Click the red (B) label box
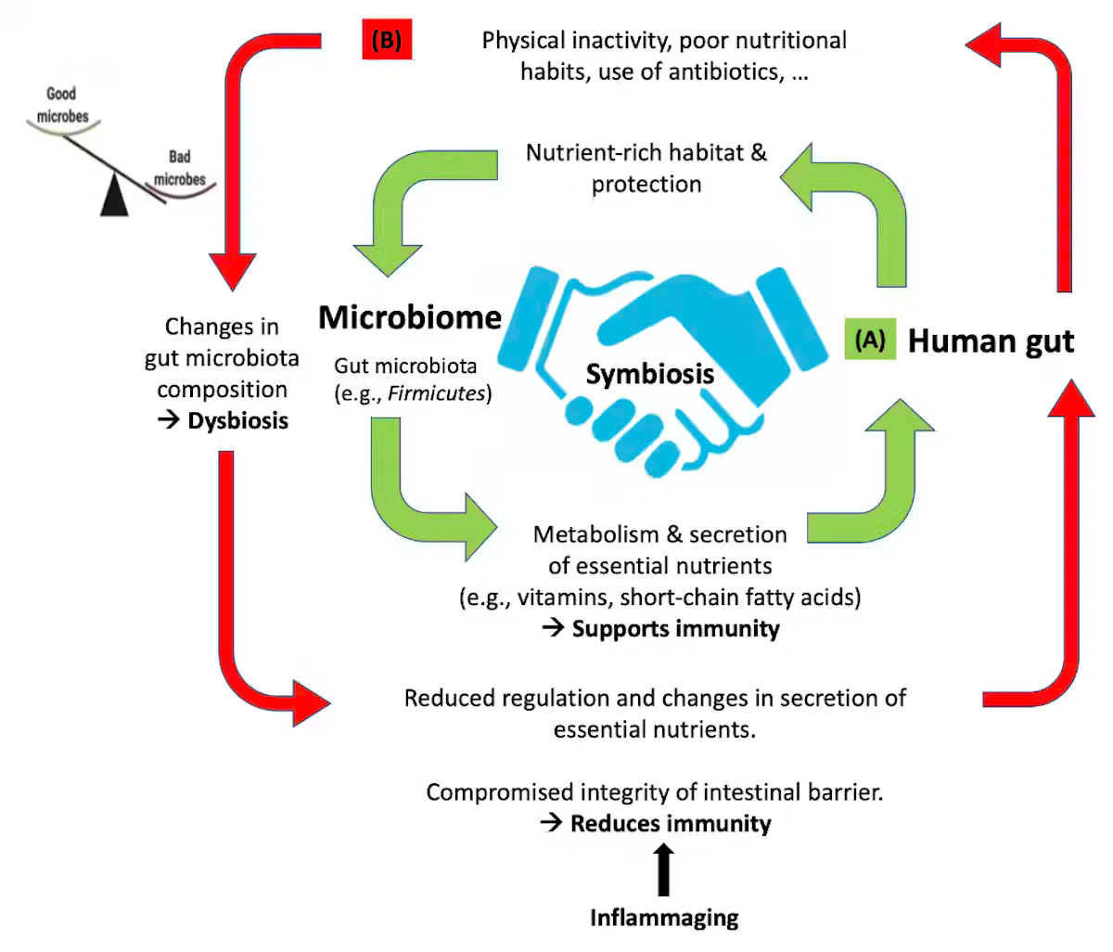pyautogui.click(x=387, y=39)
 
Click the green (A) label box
pyautogui.click(x=870, y=339)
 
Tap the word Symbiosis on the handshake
pyautogui.click(x=650, y=374)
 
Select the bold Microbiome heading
pyautogui.click(x=410, y=316)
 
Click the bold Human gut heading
pyautogui.click(x=991, y=341)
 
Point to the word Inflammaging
pyautogui.click(x=664, y=918)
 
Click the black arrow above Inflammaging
pyautogui.click(x=664, y=869)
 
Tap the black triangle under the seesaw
pyautogui.click(x=114, y=196)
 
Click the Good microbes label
pyautogui.click(x=62, y=105)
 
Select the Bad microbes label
pyautogui.click(x=180, y=168)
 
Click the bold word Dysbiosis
pyautogui.click(x=238, y=420)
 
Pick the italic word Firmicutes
pyautogui.click(x=436, y=393)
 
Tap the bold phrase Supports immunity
pyautogui.click(x=676, y=629)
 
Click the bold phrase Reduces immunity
pyautogui.click(x=671, y=824)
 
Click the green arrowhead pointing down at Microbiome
pyautogui.click(x=388, y=260)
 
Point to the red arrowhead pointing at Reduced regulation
pyautogui.click(x=312, y=703)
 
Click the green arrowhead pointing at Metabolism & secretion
pyautogui.click(x=480, y=527)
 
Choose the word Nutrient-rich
pyautogui.click(x=594, y=152)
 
